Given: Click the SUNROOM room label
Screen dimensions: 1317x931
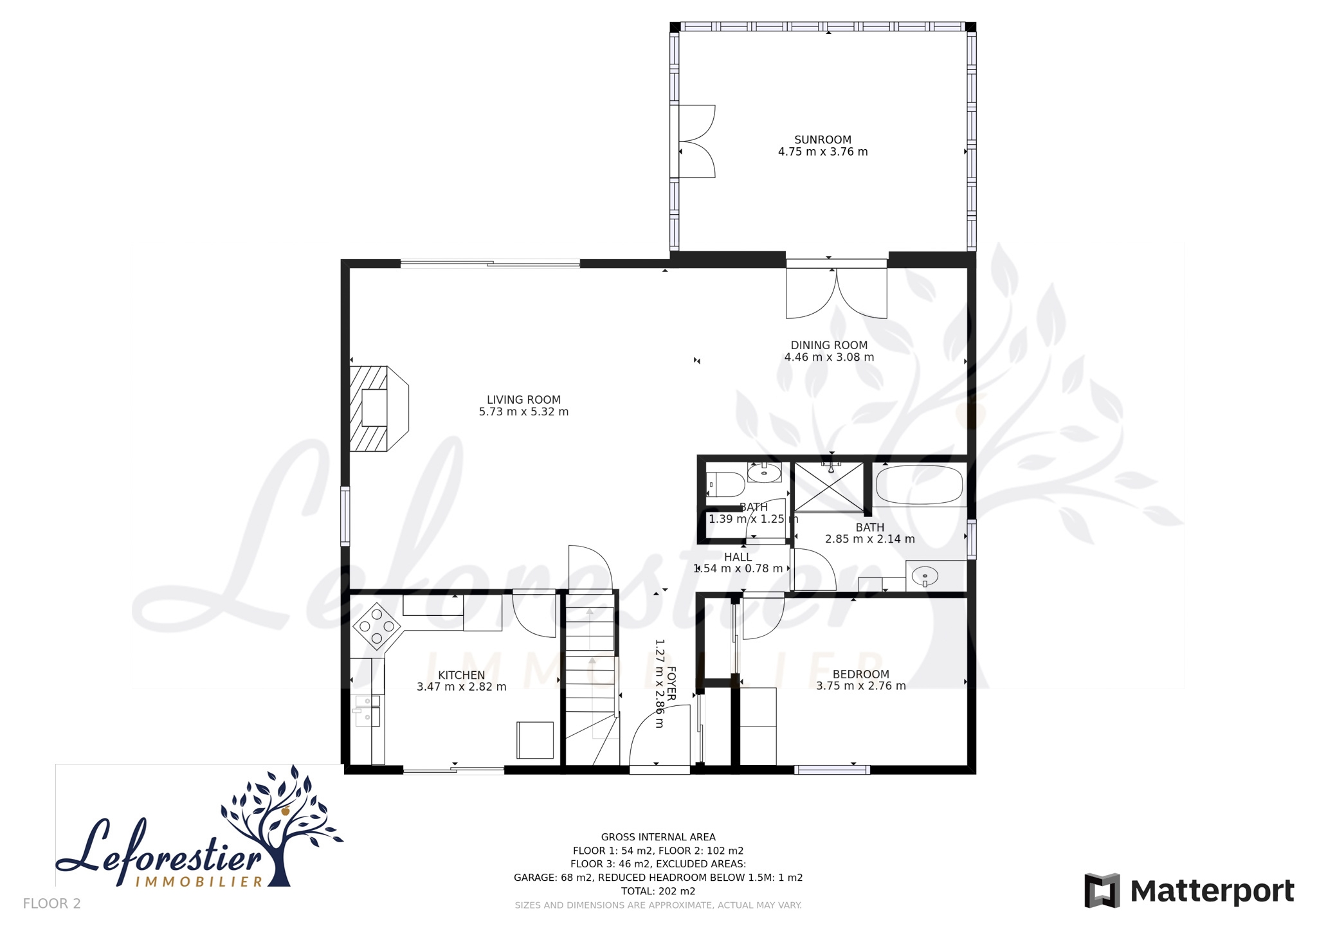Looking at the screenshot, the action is coord(822,140).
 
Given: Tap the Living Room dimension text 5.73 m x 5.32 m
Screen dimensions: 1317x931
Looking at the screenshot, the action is coord(523,411).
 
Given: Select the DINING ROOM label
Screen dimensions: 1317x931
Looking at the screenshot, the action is coord(829,345).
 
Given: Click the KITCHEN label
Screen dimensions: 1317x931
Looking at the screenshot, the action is coord(461,675).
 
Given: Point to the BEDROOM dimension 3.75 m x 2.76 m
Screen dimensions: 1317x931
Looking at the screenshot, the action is coord(861,686).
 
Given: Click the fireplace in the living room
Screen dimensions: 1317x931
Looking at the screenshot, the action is coord(379,408).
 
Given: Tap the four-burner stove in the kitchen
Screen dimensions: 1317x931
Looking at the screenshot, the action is coord(377,626).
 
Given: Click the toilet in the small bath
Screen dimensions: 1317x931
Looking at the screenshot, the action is coord(725,484).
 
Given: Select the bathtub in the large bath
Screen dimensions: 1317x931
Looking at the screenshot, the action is coord(920,485).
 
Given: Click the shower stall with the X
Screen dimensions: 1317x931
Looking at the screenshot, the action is coord(829,487).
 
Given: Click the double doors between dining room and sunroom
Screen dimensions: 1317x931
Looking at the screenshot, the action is coord(837,289).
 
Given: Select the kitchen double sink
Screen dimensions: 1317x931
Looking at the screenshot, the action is coord(367,710).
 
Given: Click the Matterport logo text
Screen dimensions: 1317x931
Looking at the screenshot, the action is coord(1212,892).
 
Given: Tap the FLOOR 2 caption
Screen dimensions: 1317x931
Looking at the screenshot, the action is coord(52,904).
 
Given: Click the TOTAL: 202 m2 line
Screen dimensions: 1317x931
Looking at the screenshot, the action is coord(658,891).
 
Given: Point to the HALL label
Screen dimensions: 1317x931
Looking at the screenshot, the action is coord(738,557).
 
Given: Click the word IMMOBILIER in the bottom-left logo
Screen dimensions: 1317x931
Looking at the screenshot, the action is coord(199,881).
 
